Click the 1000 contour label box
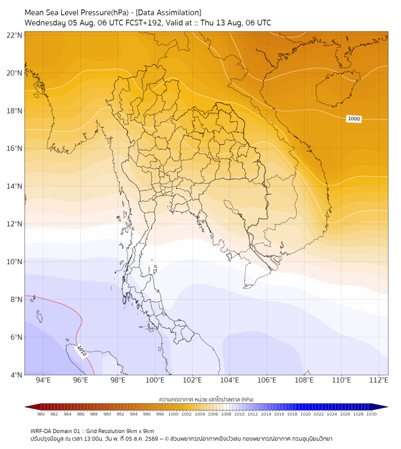[354, 119]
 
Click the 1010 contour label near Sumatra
[81, 351]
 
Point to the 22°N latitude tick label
[14, 35]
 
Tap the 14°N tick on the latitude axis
[14, 186]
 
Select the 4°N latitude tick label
[16, 375]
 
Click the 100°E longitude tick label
[155, 380]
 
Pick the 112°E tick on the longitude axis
[378, 380]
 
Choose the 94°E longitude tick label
[43, 380]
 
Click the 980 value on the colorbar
[41, 414]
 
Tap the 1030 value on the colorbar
[371, 414]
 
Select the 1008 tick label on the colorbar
[226, 414]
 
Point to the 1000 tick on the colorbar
[173, 414]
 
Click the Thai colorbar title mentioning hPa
[206, 399]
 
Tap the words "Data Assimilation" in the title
[168, 12]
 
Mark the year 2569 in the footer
[152, 439]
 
